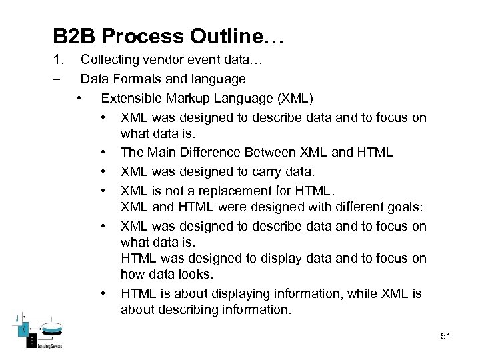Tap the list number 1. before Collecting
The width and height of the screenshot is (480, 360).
(x=59, y=61)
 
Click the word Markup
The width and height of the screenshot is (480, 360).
(x=189, y=99)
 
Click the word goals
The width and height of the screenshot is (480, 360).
(x=410, y=207)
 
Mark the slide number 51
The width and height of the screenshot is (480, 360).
(x=445, y=337)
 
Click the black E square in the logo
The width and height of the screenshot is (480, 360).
(x=30, y=342)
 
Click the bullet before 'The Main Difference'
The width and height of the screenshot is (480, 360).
(x=105, y=153)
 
